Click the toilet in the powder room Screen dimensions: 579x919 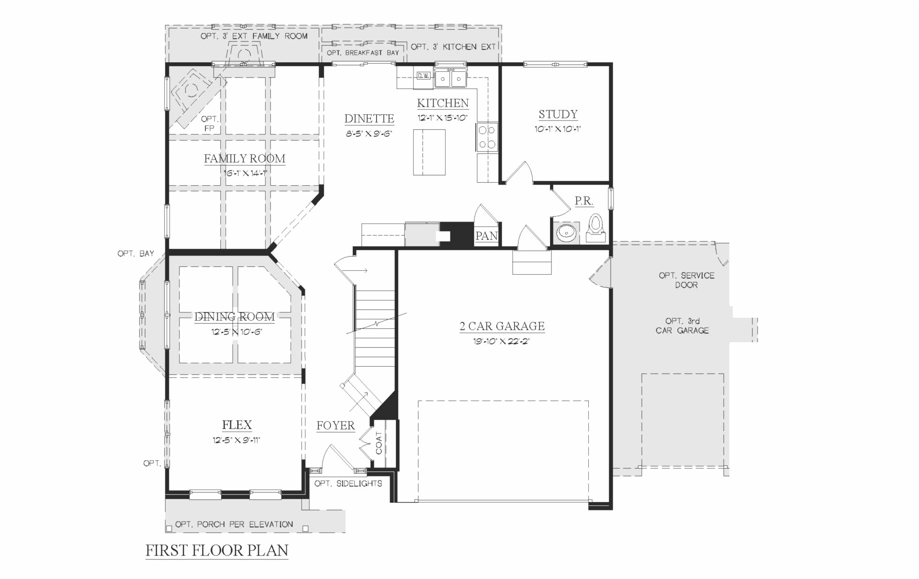pos(595,229)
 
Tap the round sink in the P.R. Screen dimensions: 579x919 pos(566,233)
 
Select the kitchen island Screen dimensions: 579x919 pos(429,152)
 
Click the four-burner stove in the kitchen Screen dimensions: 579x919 pos(487,137)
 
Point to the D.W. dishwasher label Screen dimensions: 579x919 pos(423,76)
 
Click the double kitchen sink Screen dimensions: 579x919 pos(450,78)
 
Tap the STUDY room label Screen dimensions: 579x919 pos(558,114)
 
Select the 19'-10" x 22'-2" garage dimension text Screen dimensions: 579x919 pos(501,341)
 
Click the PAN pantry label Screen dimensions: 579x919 pos(486,236)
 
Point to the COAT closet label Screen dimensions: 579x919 pos(379,443)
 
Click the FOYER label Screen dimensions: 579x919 pos(336,425)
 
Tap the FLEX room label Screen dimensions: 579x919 pos(236,425)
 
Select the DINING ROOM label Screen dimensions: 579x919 pos(235,317)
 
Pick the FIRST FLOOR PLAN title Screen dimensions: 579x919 pos(217,550)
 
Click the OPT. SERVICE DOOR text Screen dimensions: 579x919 pos(686,280)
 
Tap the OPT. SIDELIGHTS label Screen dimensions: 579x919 pos(348,483)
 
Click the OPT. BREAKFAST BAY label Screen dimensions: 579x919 pos(363,53)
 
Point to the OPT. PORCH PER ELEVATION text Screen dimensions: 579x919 pos(234,524)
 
